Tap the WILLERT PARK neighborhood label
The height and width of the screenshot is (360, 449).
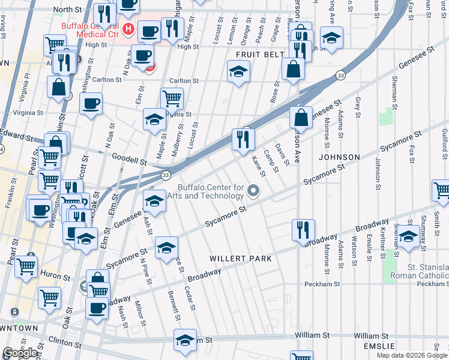(240, 259)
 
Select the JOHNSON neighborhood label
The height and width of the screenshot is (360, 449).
(340, 157)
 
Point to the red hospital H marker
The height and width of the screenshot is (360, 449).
(127, 29)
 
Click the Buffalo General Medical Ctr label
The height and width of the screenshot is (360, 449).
(91, 26)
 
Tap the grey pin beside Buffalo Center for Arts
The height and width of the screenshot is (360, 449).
(253, 192)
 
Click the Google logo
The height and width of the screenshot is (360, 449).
(20, 353)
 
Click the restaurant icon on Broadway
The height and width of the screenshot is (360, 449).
(303, 229)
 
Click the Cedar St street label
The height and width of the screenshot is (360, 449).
(190, 298)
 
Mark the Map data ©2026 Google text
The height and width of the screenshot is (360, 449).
(412, 355)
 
